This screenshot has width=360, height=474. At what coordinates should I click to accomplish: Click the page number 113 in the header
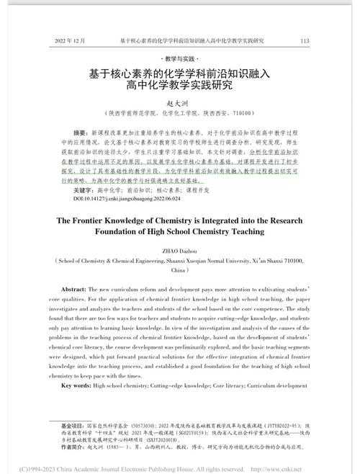coord(305,40)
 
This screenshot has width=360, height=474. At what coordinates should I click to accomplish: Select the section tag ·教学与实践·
coord(180,57)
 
